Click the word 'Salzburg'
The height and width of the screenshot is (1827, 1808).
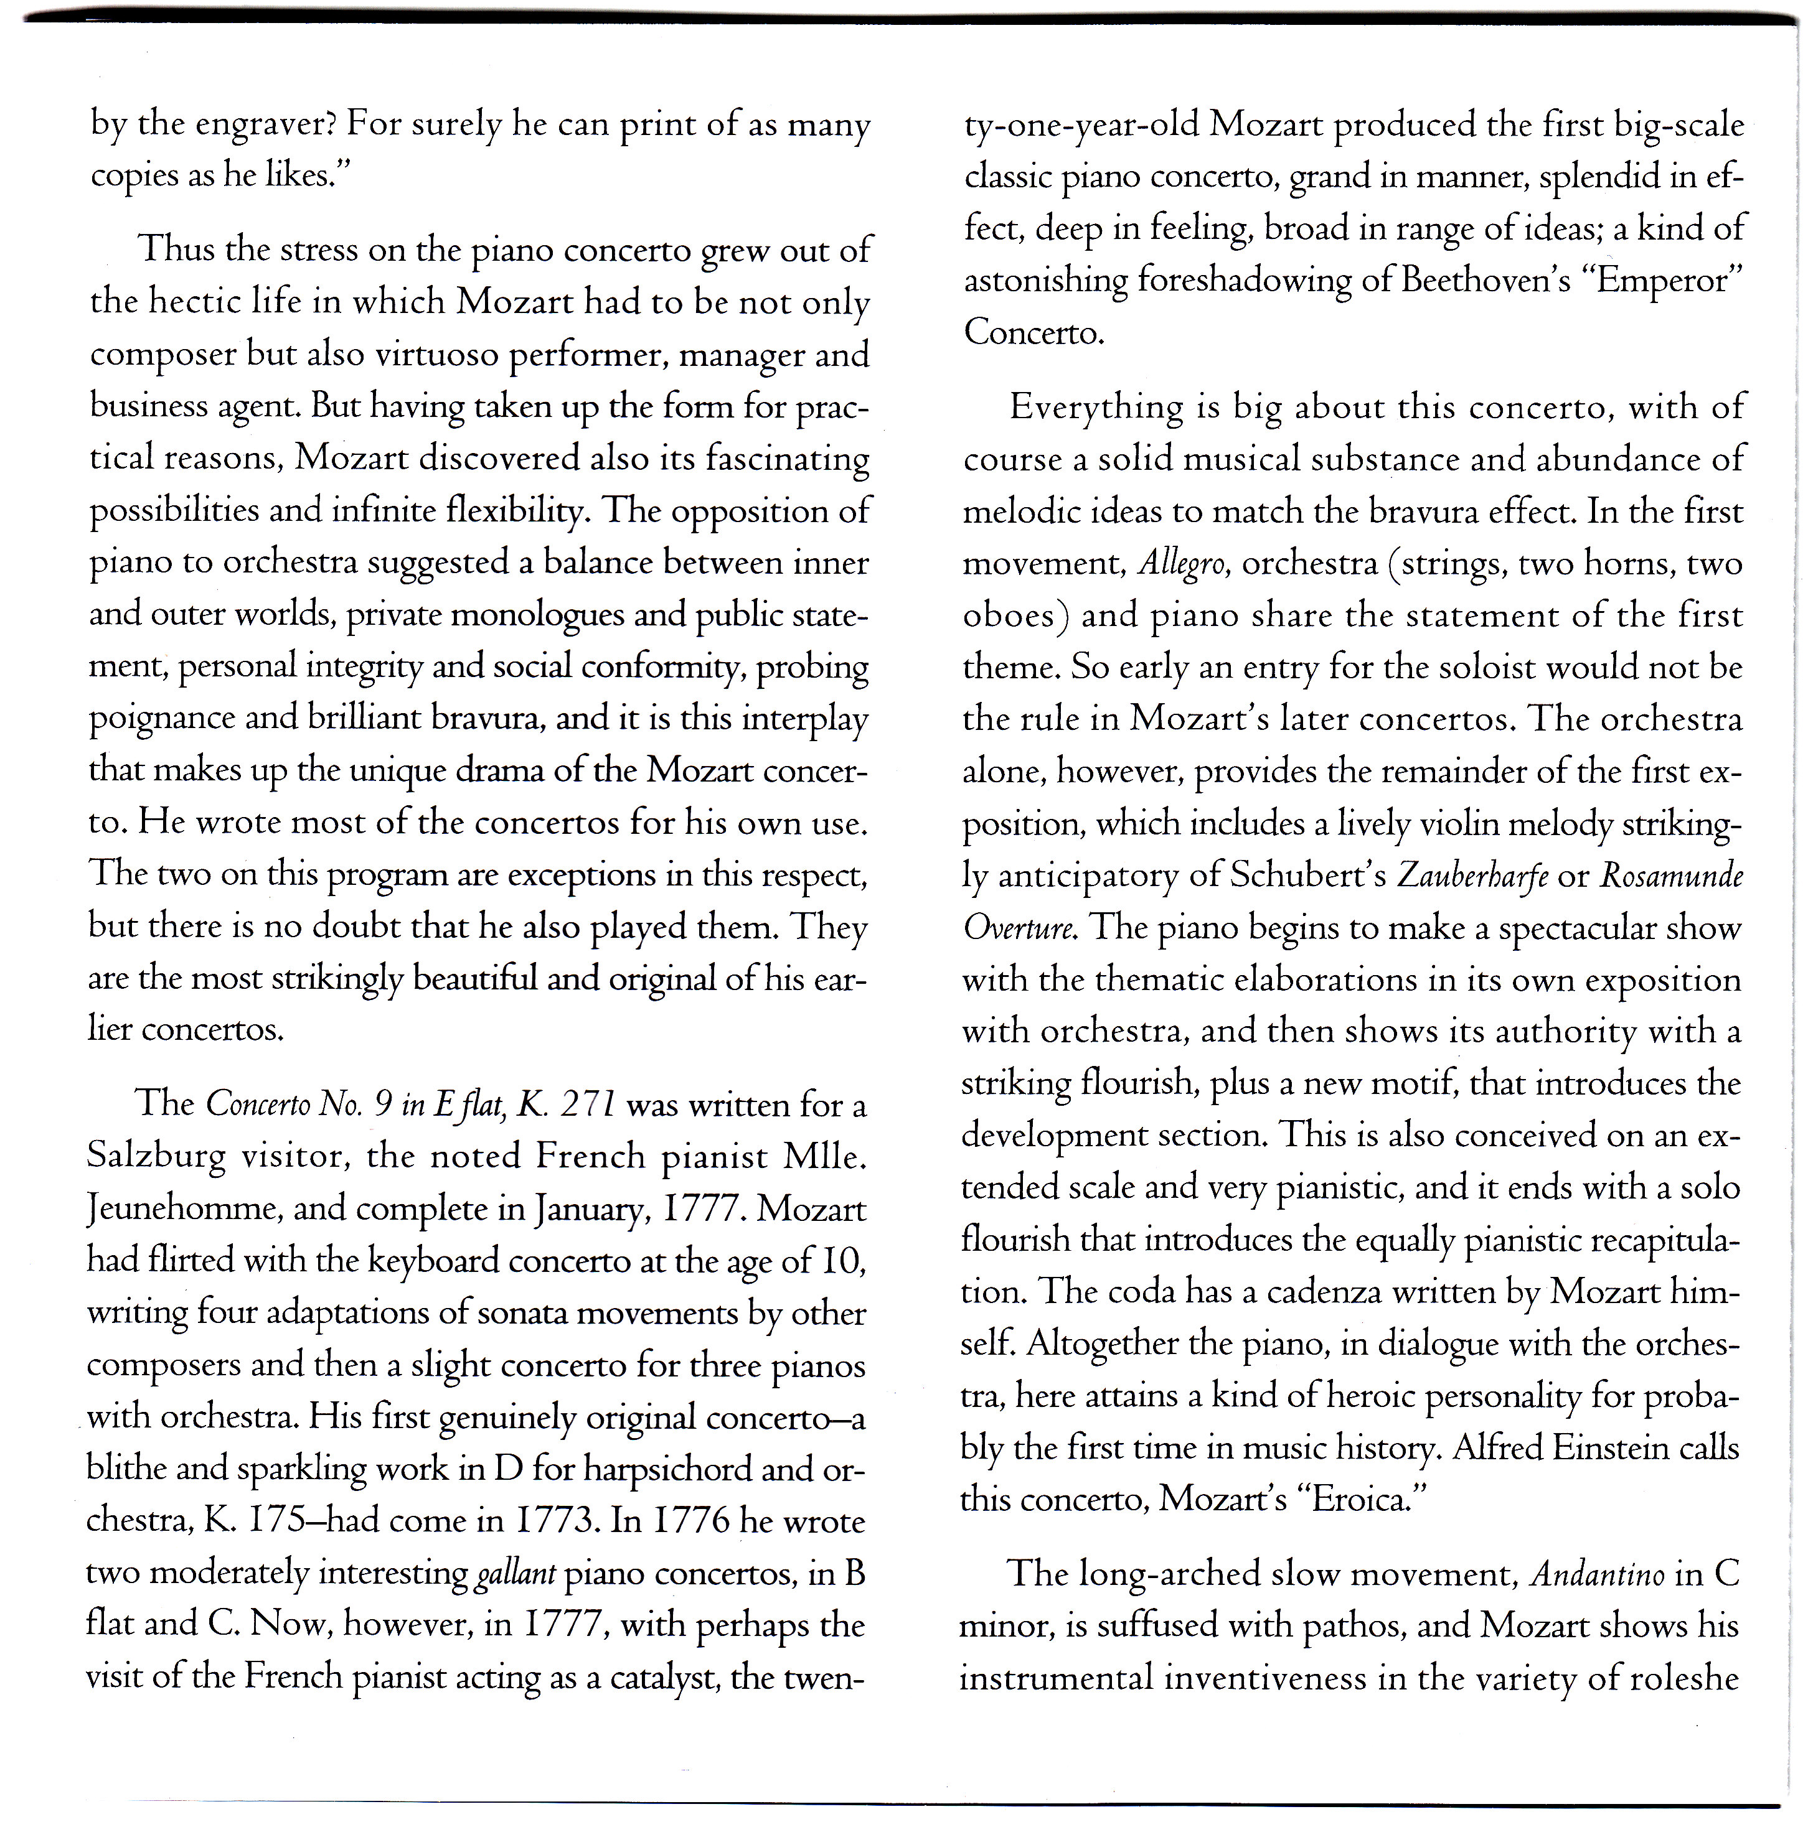coord(156,1157)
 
